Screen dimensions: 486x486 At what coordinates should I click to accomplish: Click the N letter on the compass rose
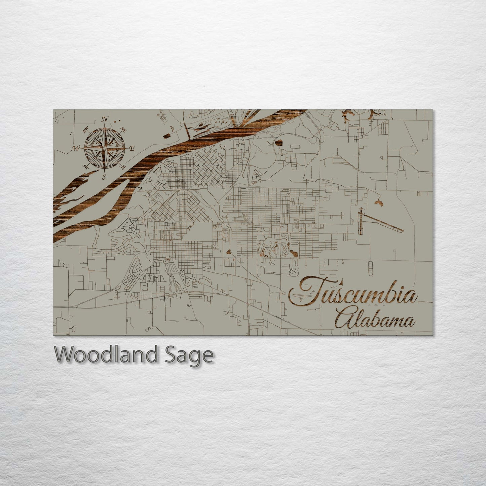(x=105, y=119)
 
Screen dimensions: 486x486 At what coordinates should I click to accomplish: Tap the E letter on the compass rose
(x=132, y=148)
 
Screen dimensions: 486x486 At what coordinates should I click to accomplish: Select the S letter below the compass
(x=104, y=176)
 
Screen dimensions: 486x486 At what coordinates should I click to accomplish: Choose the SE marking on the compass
(x=123, y=166)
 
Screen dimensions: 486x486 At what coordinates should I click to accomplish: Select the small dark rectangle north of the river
(x=167, y=136)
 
